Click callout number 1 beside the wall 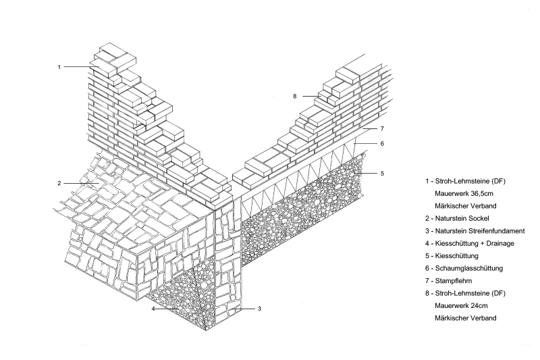(59, 67)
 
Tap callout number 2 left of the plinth (59, 183)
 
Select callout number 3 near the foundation (260, 309)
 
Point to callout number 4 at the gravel (154, 309)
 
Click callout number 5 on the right (382, 174)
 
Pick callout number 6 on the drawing (382, 144)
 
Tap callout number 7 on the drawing (382, 128)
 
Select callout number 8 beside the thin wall (295, 97)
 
